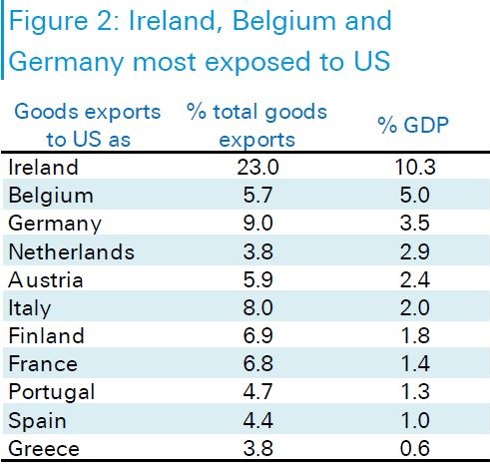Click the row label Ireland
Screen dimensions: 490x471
[43, 167]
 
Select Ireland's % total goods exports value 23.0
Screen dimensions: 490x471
[257, 167]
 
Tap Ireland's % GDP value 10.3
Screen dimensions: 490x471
[415, 167]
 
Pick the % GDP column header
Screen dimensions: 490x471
[413, 125]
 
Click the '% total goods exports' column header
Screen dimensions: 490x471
[256, 125]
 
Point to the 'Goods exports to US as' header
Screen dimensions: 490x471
[88, 125]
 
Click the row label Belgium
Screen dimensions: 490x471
[51, 195]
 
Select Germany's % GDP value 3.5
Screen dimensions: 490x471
[415, 223]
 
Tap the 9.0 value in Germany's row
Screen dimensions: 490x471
[257, 223]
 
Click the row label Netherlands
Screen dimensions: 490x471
[72, 251]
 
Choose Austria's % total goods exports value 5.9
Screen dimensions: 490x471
[257, 279]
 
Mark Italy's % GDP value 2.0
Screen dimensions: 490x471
[415, 307]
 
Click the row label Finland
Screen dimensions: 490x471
[46, 335]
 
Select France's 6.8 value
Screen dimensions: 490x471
[257, 363]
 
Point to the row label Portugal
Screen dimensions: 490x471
[52, 392]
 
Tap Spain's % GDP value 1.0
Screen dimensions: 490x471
[415, 420]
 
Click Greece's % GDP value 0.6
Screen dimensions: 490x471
[415, 448]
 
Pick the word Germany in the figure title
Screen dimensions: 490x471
[66, 63]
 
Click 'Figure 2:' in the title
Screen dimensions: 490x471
[64, 21]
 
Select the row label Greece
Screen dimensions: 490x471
[44, 448]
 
